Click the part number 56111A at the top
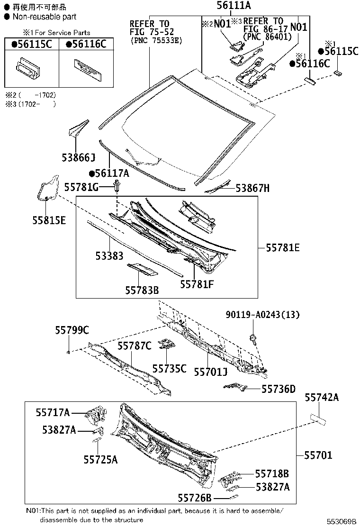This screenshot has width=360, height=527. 234,6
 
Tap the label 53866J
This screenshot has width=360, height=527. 78,157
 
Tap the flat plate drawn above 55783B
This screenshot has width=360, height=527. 142,269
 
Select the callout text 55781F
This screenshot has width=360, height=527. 197,284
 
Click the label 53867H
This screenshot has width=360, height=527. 252,189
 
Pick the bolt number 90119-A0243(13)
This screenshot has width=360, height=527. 262,315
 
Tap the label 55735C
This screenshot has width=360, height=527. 169,368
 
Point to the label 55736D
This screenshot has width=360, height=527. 279,390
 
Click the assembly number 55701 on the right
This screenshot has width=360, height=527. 318,455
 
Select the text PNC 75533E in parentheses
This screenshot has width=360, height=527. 156,41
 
